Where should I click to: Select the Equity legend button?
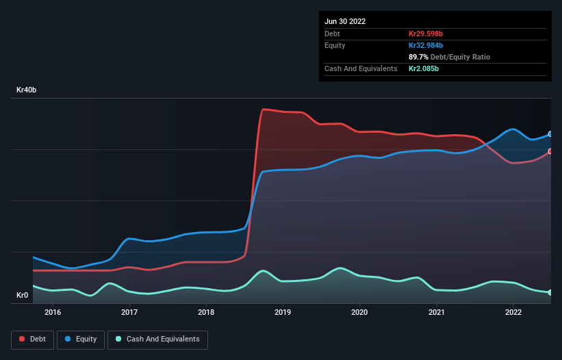(81, 339)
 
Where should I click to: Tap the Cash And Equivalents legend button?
(157, 339)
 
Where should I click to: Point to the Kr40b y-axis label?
(27, 90)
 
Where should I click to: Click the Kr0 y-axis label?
(23, 296)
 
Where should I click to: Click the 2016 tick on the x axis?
(53, 313)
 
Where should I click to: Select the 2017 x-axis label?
(129, 313)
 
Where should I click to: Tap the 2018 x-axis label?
(206, 313)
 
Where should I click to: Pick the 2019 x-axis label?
(283, 313)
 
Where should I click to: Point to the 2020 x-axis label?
(359, 313)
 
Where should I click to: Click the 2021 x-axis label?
(436, 313)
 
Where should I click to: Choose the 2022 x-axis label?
(513, 313)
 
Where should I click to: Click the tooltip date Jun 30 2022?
(345, 21)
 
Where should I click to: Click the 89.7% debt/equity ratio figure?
(420, 57)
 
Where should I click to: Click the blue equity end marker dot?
(550, 134)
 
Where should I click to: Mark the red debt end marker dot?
(550, 151)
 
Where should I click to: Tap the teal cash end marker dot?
(550, 292)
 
